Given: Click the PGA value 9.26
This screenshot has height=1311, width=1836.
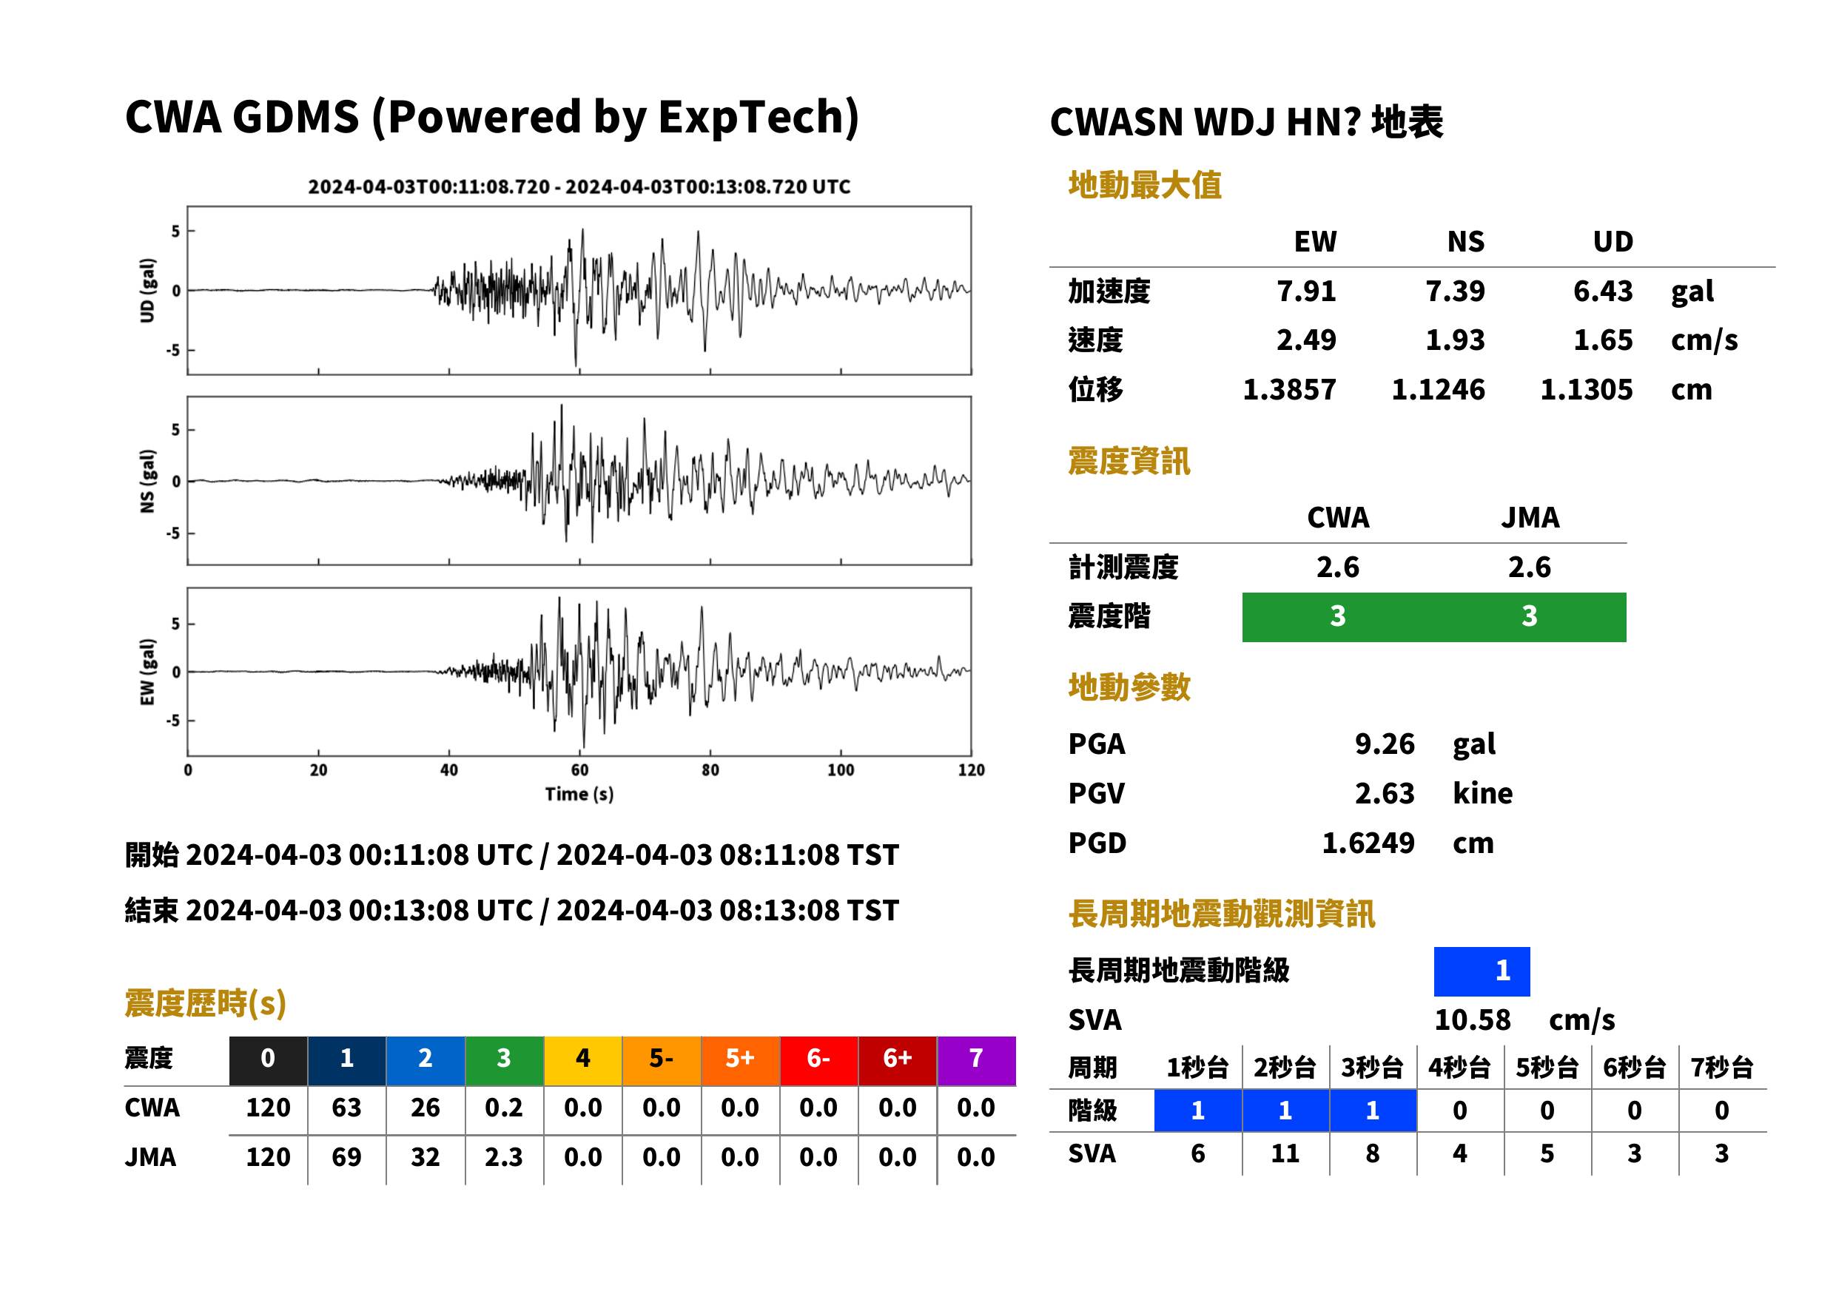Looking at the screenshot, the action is click(1384, 744).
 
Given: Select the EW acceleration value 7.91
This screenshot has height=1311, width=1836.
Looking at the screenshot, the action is click(1305, 291).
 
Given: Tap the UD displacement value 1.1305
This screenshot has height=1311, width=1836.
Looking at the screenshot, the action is click(1586, 389).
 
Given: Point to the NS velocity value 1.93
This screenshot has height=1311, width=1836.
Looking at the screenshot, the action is click(1454, 340).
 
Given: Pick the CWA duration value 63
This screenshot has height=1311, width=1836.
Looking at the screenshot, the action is click(346, 1108).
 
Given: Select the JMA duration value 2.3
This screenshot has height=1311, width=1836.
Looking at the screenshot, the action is click(504, 1157).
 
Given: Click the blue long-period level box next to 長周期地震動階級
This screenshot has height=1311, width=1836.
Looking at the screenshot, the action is click(1482, 971).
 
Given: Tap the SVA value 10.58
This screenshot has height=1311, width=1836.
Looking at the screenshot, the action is click(1472, 1020).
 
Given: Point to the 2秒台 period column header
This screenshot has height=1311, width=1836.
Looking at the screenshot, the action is click(1285, 1067).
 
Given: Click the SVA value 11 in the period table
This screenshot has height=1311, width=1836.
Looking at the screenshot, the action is click(1285, 1153).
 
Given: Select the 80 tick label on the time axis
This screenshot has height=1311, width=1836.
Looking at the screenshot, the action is click(710, 770).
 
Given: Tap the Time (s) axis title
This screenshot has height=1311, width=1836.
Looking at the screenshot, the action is click(579, 795).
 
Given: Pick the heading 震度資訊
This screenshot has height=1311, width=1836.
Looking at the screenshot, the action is click(1129, 461).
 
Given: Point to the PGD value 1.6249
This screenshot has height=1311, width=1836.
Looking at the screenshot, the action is click(1368, 843).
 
